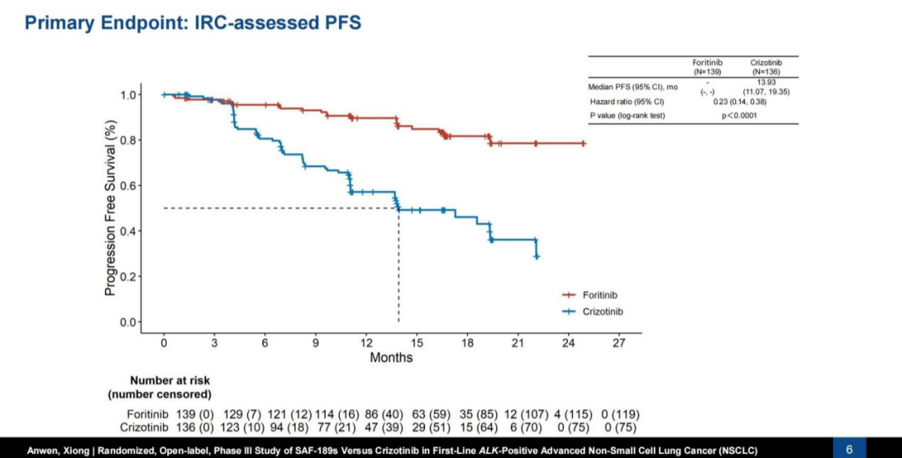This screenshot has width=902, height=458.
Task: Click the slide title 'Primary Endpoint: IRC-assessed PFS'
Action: point(193,23)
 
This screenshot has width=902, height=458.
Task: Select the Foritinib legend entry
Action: point(600,294)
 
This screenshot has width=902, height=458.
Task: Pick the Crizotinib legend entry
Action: point(601,311)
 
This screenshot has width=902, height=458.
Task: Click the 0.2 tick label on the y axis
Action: point(129,276)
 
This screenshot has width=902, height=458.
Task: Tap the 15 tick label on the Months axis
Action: point(417,343)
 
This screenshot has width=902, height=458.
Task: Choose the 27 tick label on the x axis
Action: point(619,343)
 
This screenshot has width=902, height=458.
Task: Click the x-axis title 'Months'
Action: point(391,358)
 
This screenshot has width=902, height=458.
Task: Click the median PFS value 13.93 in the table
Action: point(766,82)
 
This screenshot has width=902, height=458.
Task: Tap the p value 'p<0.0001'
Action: point(739,116)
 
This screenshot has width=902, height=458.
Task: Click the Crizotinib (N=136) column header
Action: point(766,67)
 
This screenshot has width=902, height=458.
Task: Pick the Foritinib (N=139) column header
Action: point(707,67)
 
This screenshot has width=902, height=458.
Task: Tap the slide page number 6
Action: point(849,450)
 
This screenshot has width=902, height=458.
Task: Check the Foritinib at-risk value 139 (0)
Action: point(195,414)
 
